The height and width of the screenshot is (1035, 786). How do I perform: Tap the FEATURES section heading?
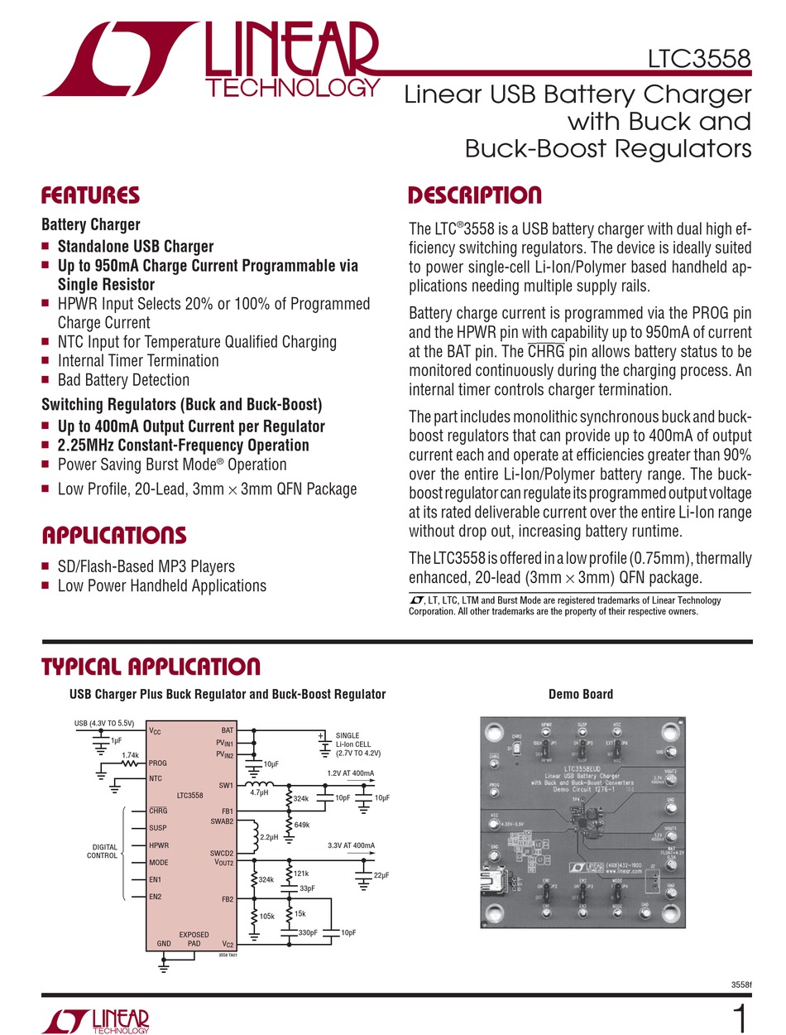90,196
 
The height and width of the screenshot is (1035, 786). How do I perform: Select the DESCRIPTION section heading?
476,196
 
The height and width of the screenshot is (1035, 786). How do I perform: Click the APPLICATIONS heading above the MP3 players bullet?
113,535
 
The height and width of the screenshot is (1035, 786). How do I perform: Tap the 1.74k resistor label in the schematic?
129,755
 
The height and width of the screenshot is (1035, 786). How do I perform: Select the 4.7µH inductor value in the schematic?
259,792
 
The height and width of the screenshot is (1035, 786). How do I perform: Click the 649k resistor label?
302,824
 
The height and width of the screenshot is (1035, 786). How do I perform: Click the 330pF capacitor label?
308,932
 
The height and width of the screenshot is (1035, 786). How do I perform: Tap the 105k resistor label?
267,917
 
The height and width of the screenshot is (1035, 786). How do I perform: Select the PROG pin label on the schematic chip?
159,763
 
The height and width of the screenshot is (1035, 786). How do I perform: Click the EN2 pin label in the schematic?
155,897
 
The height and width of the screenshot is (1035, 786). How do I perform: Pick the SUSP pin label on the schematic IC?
159,827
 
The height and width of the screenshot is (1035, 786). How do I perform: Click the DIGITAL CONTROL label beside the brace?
103,851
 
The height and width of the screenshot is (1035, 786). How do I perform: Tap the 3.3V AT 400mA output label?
351,845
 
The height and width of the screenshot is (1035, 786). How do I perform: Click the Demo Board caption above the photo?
581,694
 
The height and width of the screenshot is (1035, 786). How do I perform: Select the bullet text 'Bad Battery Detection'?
123,380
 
